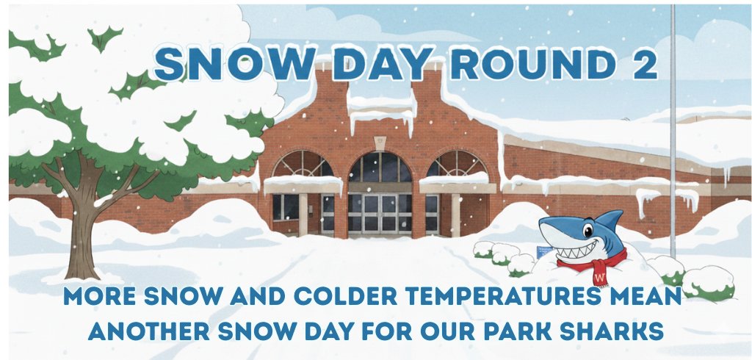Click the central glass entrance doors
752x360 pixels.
click(379, 213)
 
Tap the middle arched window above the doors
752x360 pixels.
click(380, 168)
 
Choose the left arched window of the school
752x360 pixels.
click(302, 165)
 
